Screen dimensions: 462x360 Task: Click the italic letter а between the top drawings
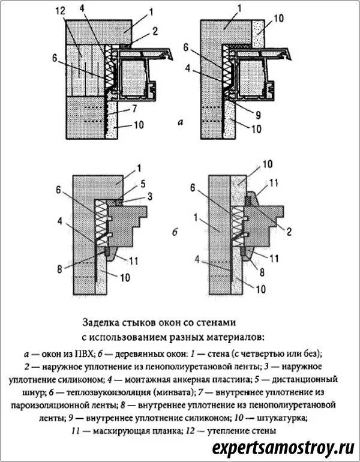pos(179,122)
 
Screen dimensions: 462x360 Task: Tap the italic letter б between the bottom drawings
pos(174,232)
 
